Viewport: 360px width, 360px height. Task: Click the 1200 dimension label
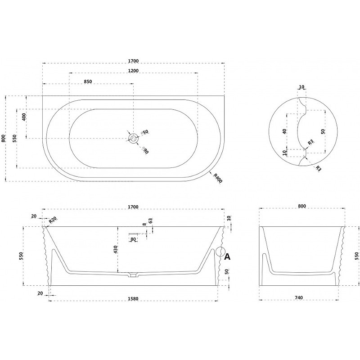pos(133,71)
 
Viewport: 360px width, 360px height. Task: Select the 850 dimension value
pos(88,81)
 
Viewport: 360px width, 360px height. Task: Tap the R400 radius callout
pos(218,178)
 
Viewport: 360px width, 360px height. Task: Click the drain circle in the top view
pos(133,138)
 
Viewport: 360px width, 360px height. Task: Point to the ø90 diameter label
pos(145,150)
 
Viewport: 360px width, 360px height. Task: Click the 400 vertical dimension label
pos(24,117)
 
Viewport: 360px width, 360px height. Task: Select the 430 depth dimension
pos(115,249)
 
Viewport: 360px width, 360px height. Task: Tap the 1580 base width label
pos(133,299)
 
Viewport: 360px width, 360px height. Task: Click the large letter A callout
pos(227,256)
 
